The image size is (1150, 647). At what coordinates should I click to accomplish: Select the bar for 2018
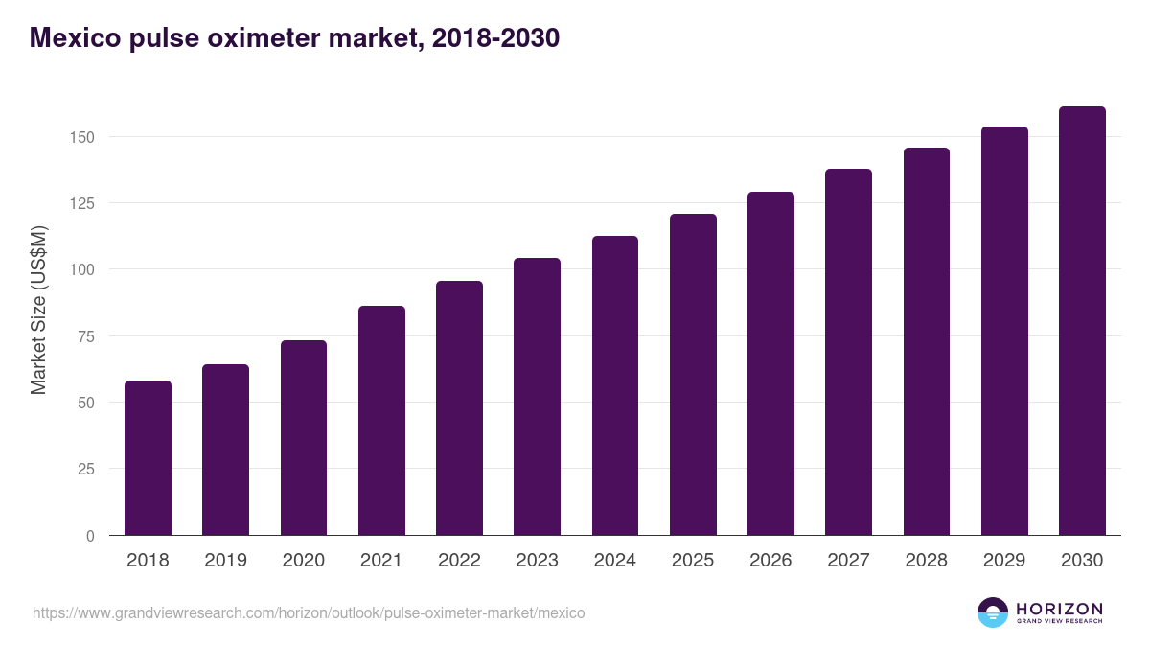tap(148, 458)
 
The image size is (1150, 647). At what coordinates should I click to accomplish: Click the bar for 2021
tap(381, 421)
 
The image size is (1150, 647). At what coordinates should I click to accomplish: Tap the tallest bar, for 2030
tap(1082, 321)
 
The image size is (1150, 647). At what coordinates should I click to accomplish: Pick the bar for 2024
tap(615, 385)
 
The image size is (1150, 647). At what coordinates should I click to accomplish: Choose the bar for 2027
tap(848, 352)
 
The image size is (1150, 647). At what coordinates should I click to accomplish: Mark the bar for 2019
tap(226, 450)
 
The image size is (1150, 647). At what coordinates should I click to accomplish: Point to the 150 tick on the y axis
tap(82, 137)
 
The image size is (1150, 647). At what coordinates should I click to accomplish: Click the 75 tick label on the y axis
tap(86, 336)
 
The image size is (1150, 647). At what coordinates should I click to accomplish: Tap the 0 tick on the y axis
tap(90, 536)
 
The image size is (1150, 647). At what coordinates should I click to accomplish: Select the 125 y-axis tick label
tap(82, 203)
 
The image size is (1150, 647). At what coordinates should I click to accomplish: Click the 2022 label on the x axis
tap(459, 561)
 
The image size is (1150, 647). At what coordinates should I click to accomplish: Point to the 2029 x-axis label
tap(1004, 561)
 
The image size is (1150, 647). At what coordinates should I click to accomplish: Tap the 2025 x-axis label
tap(693, 561)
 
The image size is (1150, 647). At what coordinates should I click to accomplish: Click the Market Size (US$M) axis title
tap(38, 311)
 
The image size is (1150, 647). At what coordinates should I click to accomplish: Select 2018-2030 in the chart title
tap(495, 38)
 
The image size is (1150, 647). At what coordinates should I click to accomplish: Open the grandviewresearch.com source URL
tap(308, 612)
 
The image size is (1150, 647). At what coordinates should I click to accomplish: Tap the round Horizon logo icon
tap(993, 612)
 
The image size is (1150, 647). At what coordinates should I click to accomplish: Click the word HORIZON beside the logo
tap(1059, 609)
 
